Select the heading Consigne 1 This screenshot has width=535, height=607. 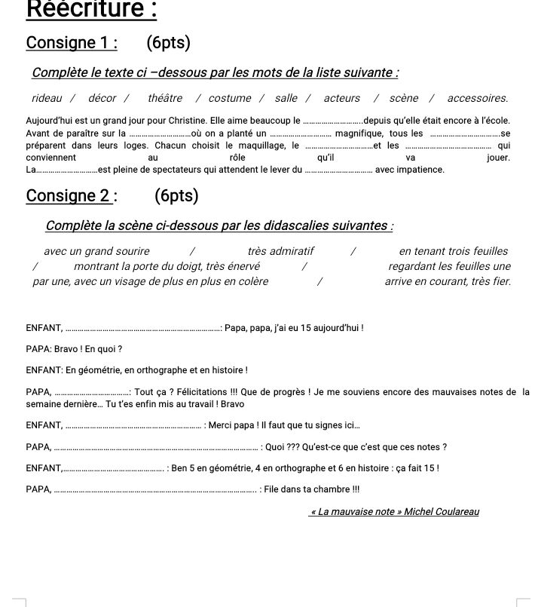click(x=72, y=43)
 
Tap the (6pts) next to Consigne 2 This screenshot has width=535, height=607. click(x=176, y=196)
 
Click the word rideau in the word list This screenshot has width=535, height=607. click(x=47, y=98)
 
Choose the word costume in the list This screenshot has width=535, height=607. click(x=230, y=98)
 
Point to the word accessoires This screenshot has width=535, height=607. click(x=477, y=98)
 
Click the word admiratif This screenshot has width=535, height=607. click(x=291, y=251)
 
